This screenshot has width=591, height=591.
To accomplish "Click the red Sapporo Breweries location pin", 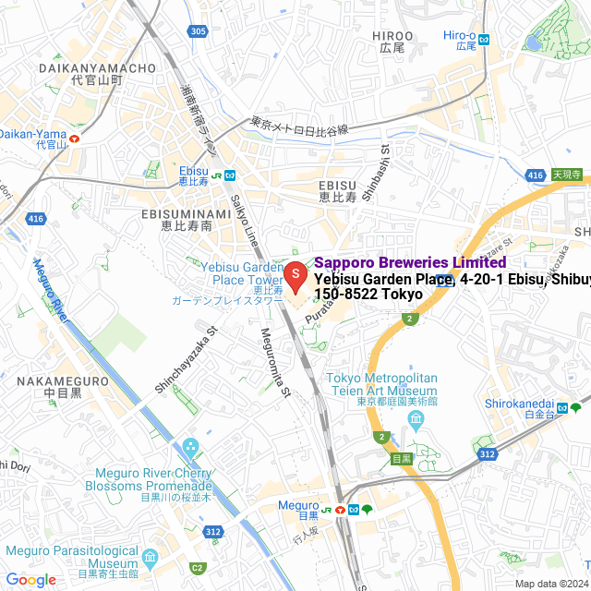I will pos(295,276).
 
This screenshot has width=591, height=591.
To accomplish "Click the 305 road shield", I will pos(197,31).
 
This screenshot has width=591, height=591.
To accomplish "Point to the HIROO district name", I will pos(387,36).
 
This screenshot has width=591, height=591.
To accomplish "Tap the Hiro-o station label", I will pos(459,36).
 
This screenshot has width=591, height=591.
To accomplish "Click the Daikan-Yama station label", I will pos(33,134).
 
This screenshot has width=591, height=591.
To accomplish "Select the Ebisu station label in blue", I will pos(193,170).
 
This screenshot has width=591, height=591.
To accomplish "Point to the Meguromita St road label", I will pos(276,360).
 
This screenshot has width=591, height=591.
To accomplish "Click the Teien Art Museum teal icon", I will pos(416,422).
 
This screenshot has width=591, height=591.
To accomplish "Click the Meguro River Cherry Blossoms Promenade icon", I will pos(191,448).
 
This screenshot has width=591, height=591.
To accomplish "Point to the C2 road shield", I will pos(197,569).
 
